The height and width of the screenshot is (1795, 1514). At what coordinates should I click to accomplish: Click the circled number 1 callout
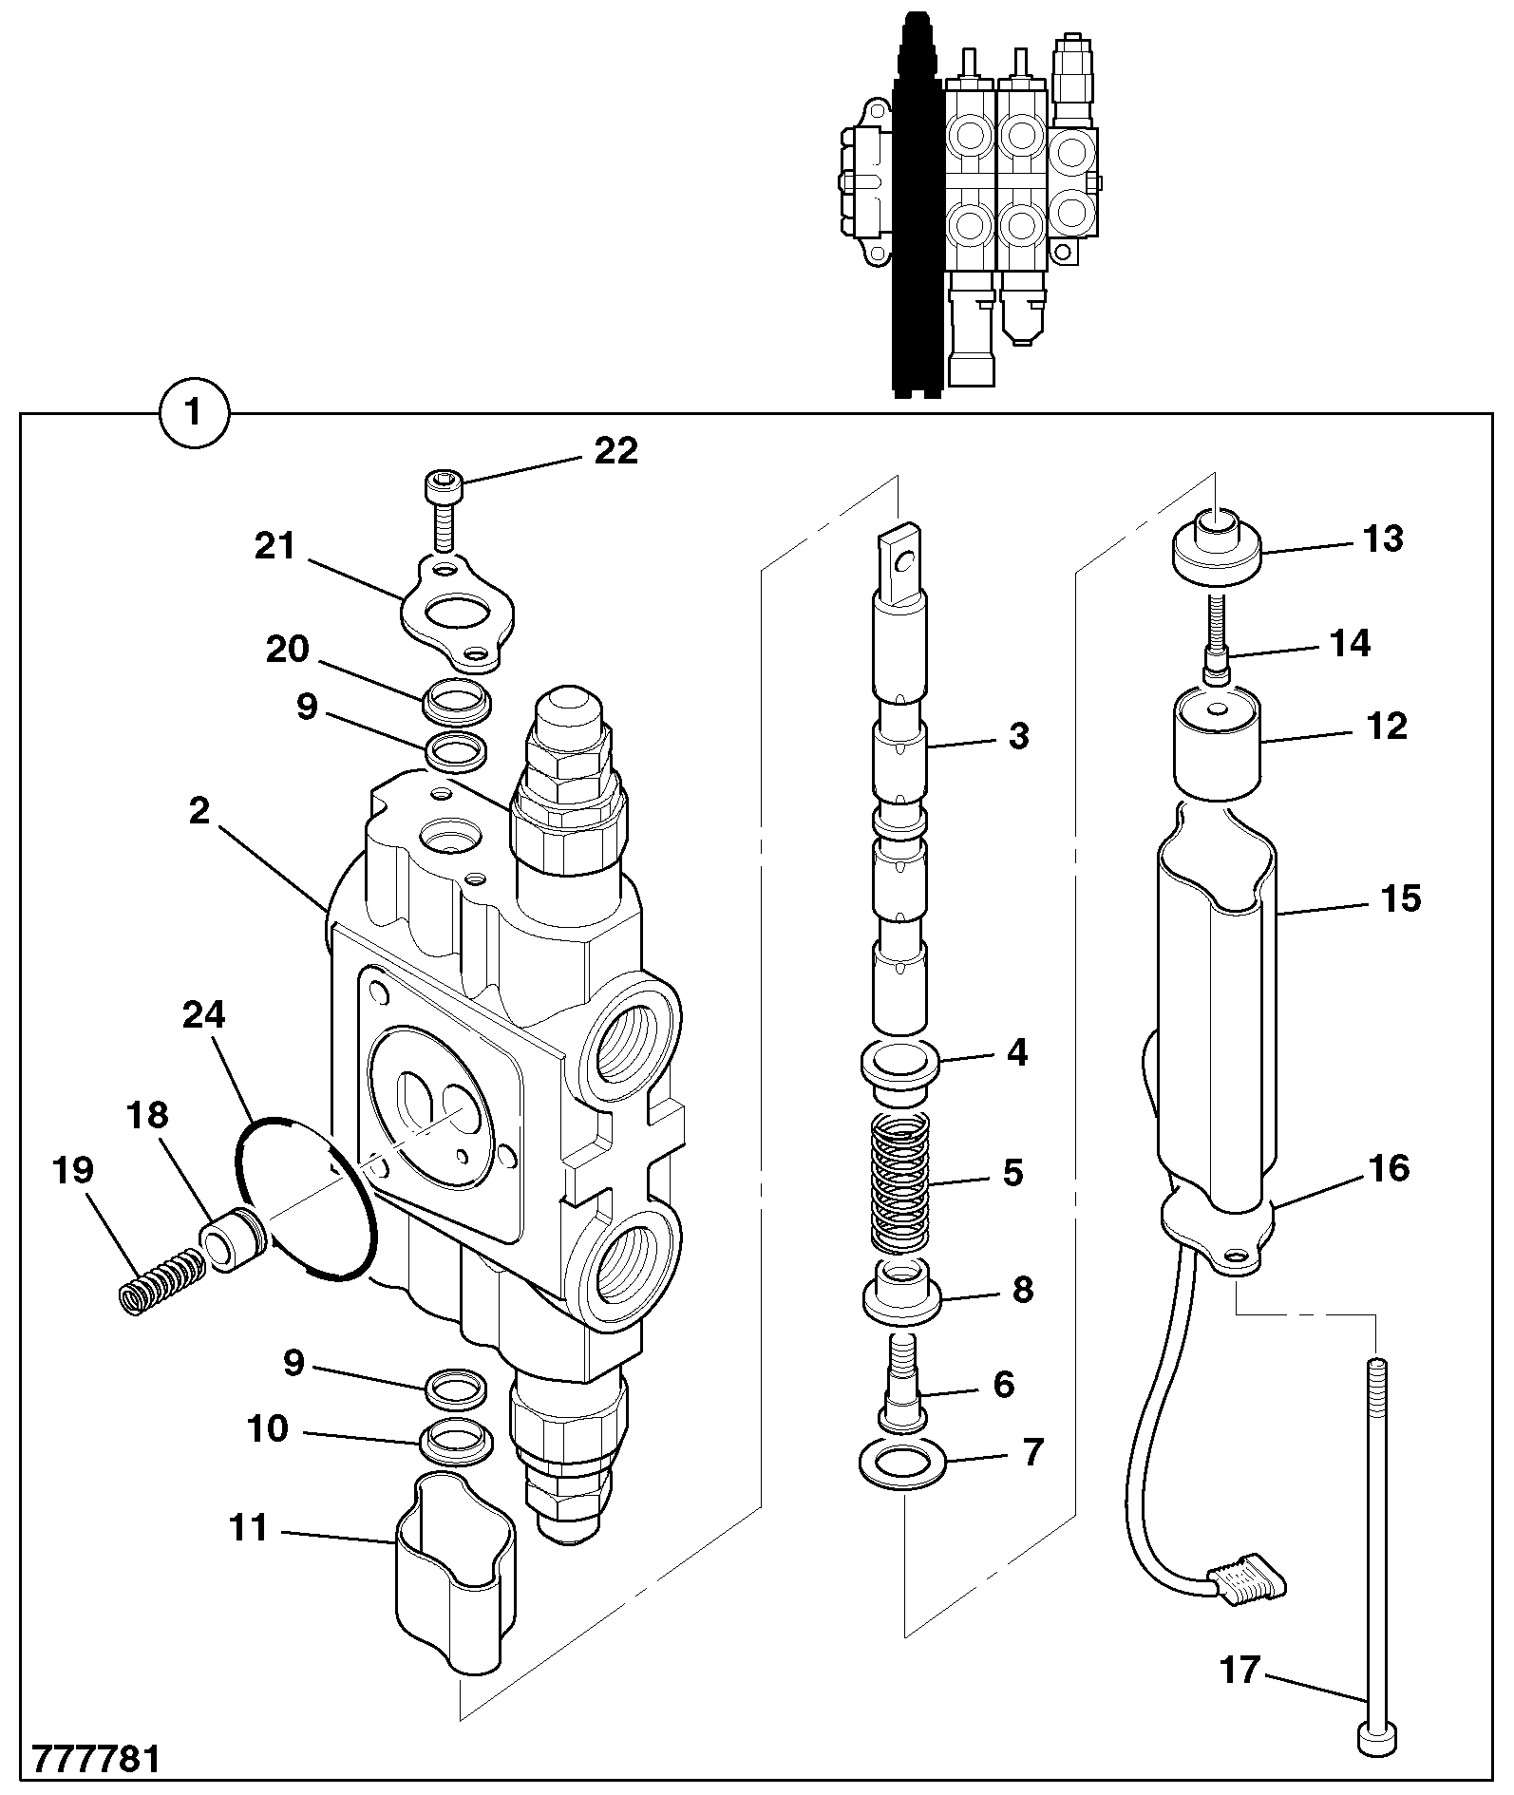[194, 414]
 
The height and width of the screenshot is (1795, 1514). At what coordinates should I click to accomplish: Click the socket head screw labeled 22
[443, 510]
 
